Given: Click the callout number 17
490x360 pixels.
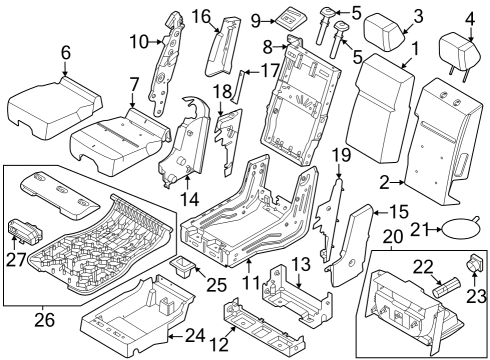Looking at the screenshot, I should click(270, 71).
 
